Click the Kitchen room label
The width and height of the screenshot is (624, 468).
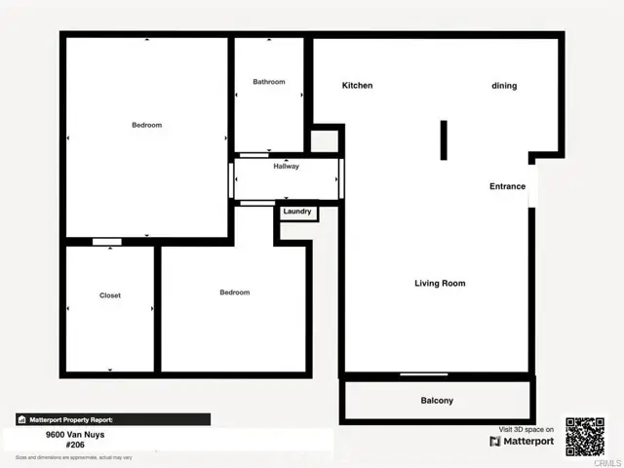[x=357, y=86]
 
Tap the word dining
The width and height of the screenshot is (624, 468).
[x=504, y=86]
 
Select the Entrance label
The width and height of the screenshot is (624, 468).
[x=507, y=186]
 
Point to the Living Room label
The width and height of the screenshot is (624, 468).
[x=440, y=284]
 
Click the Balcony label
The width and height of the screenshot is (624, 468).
[x=437, y=401]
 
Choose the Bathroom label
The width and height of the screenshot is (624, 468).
[x=269, y=82]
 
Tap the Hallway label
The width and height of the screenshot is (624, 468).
[x=287, y=167]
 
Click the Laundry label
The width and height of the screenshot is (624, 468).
[x=297, y=212]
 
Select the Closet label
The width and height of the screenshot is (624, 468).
[x=110, y=295]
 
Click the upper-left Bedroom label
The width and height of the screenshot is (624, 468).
[x=147, y=125]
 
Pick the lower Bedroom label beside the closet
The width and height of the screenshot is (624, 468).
[x=235, y=292]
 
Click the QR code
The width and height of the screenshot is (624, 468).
[x=585, y=436]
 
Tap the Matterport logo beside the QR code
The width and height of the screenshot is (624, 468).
[x=522, y=441]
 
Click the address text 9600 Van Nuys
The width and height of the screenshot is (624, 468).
[x=75, y=435]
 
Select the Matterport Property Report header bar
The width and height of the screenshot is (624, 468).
[x=112, y=419]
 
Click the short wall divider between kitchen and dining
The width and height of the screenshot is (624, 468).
[x=443, y=139]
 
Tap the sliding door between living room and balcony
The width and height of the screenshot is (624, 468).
[x=424, y=375]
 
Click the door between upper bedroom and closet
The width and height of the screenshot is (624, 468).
[x=107, y=241]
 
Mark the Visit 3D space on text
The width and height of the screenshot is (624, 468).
[x=526, y=429]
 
